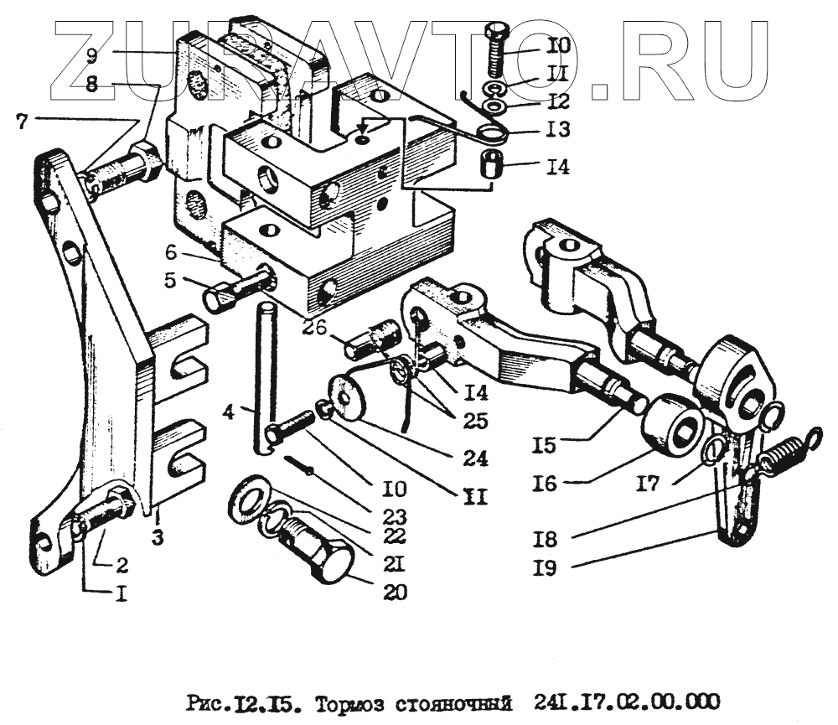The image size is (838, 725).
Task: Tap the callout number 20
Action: (x=395, y=593)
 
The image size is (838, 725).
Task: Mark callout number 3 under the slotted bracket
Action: (x=157, y=537)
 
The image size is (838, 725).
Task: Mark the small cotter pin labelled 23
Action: (x=298, y=465)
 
